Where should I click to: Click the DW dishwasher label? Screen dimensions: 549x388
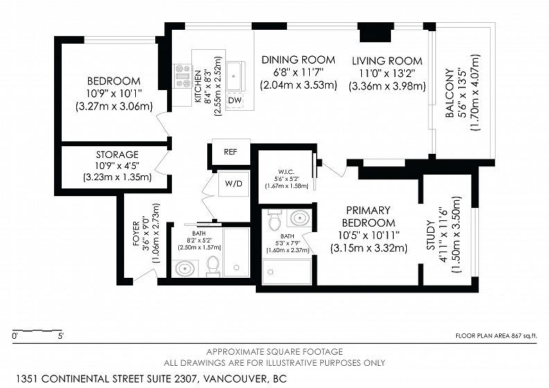point(234,100)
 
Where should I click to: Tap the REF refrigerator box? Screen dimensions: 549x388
point(230,152)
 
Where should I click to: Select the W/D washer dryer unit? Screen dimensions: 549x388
point(234,184)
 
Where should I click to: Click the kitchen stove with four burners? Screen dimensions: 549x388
point(183,76)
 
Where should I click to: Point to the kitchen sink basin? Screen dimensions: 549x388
point(234,76)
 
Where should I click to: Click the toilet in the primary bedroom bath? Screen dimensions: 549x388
point(274,220)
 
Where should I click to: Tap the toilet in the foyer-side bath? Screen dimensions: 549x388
point(213,266)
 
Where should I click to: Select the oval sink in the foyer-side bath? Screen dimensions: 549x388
point(185,269)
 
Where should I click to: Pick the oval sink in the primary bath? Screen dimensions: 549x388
point(300,218)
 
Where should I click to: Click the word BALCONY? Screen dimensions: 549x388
point(450,93)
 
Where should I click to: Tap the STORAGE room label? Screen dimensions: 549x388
point(117,155)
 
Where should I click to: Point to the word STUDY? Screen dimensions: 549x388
point(430,235)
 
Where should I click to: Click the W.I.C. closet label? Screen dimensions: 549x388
point(286,172)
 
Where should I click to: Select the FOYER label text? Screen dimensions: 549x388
point(136,233)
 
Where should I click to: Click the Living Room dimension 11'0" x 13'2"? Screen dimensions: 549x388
point(387,73)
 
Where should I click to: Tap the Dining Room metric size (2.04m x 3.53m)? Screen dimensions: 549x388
point(298,85)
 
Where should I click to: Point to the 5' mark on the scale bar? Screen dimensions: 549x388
point(61,337)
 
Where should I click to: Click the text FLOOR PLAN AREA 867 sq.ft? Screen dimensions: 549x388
point(496,336)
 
